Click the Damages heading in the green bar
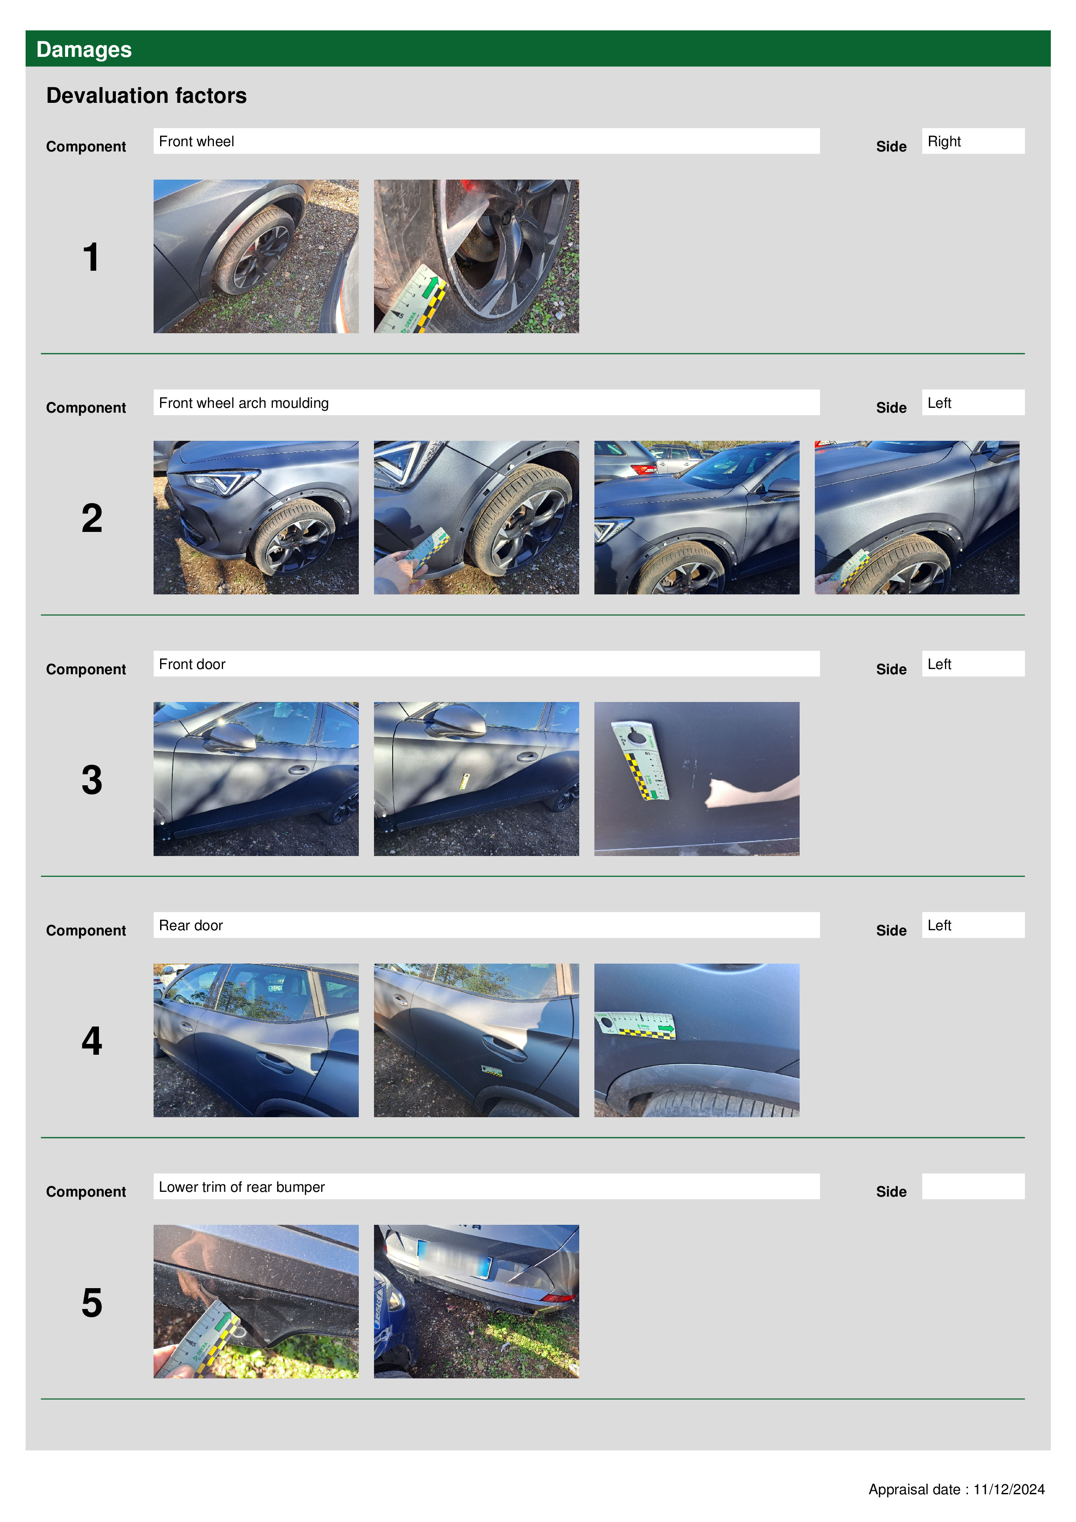(x=84, y=49)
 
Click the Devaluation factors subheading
(x=147, y=95)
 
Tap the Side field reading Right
(x=973, y=141)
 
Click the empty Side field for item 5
(x=973, y=1186)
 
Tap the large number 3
(x=92, y=780)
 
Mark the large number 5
(x=92, y=1302)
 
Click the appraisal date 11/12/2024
(x=1008, y=1489)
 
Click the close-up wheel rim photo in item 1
(x=476, y=256)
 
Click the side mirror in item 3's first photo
(x=229, y=736)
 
